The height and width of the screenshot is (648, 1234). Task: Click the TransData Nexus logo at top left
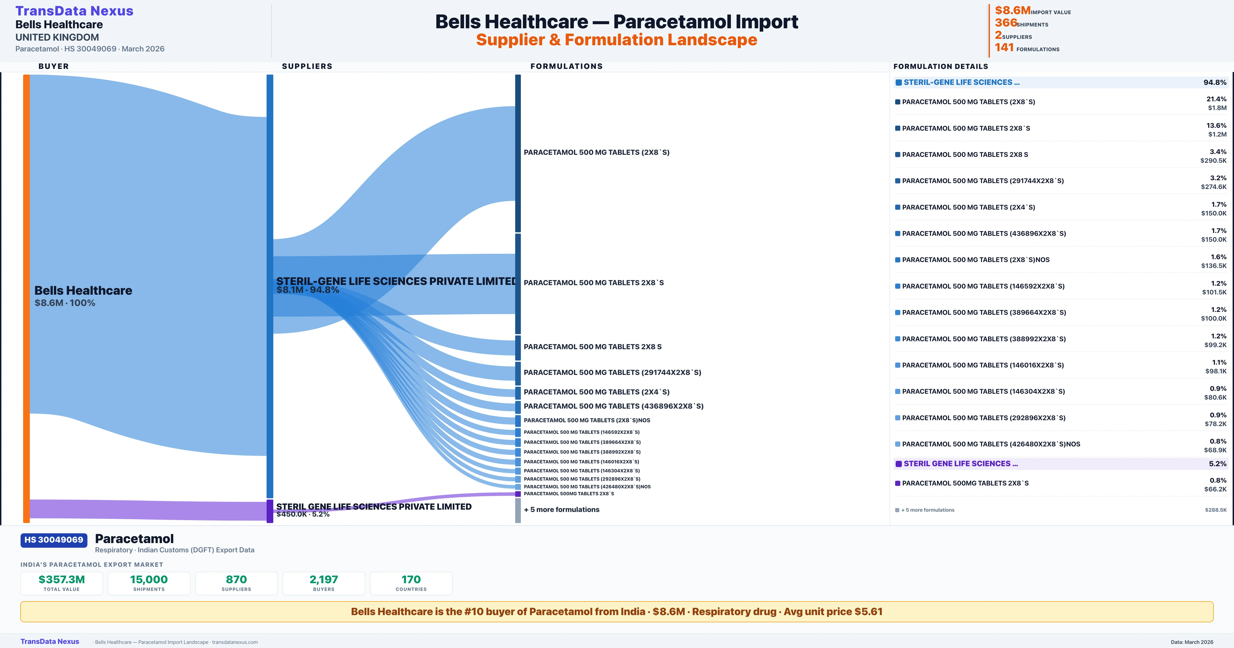(74, 11)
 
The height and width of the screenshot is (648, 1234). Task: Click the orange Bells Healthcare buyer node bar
(26, 297)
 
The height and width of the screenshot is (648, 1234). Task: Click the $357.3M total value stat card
(61, 583)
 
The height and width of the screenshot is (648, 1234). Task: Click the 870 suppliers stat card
(236, 583)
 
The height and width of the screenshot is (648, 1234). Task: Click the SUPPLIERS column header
(307, 66)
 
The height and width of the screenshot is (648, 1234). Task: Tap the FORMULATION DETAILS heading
(940, 66)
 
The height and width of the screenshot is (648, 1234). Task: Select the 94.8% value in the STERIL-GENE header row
(1214, 83)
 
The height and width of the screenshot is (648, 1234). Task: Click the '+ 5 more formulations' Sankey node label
(561, 509)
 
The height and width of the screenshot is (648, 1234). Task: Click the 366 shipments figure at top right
(1005, 23)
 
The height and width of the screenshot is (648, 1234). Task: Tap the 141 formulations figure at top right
(1004, 48)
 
